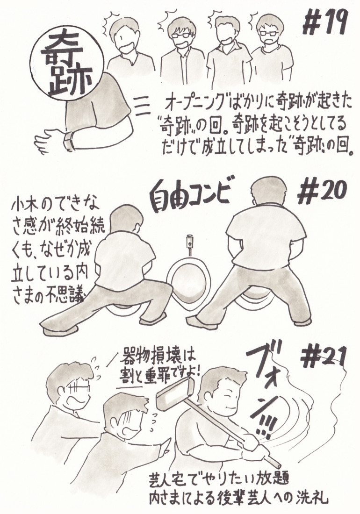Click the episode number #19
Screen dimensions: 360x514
[324, 23]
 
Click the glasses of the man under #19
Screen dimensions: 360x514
[268, 33]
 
